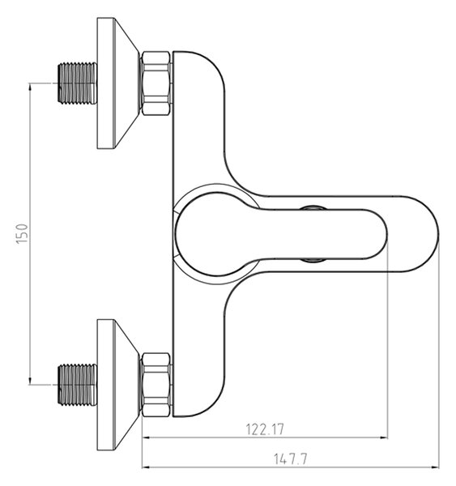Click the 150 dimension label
point(22,234)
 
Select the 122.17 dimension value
point(265,429)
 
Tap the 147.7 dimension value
point(291,459)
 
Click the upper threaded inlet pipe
point(77,83)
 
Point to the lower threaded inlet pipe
point(77,385)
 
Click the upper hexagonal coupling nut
point(156,83)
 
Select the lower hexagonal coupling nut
point(156,385)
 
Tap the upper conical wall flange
point(117,83)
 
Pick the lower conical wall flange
point(117,385)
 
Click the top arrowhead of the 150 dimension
point(30,87)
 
